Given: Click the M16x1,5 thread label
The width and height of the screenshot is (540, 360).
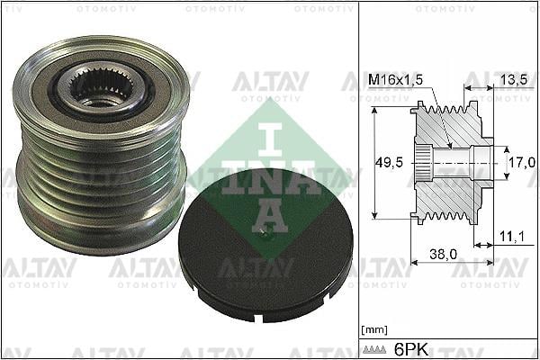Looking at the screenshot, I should click(395, 80).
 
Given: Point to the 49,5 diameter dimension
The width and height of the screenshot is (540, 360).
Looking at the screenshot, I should click(390, 163).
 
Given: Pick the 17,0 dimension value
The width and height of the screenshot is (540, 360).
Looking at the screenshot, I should click(520, 162).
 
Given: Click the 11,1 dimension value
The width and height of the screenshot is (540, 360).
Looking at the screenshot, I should click(510, 236).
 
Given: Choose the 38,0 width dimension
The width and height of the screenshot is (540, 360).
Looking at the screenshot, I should click(442, 256).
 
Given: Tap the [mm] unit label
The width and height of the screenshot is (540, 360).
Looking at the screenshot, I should click(373, 329).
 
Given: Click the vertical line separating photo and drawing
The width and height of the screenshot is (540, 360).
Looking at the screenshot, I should click(359, 180).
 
